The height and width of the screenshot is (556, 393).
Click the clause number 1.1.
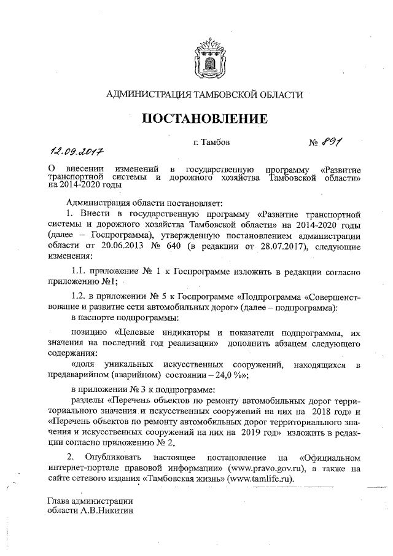click(80, 271)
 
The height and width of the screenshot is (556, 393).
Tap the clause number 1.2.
click(80, 297)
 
